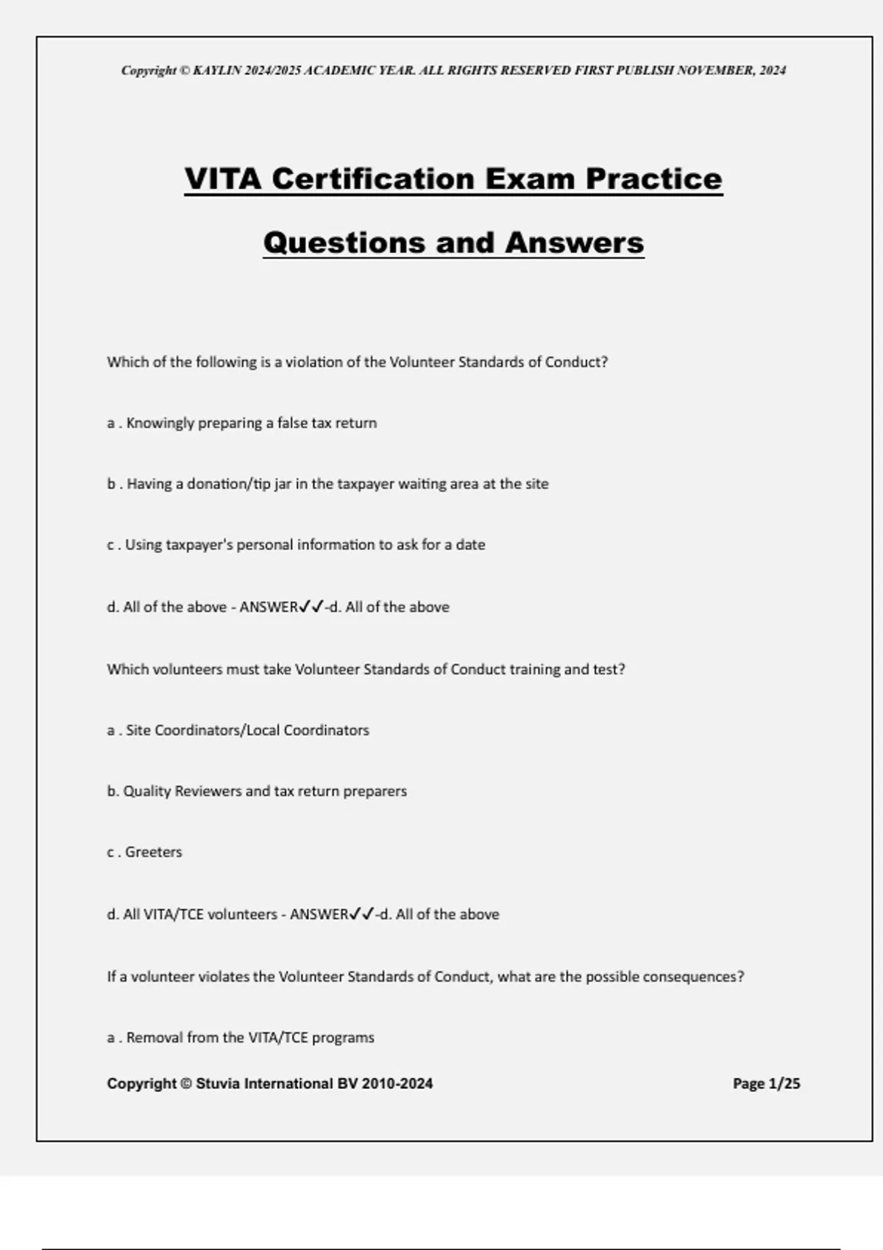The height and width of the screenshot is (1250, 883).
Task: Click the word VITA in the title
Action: tap(222, 179)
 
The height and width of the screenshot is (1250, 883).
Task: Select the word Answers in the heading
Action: tap(574, 243)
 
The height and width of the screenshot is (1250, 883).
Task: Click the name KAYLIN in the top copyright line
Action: tap(217, 71)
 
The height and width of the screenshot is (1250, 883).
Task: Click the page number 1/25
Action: tap(784, 1083)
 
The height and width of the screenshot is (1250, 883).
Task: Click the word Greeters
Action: tap(153, 852)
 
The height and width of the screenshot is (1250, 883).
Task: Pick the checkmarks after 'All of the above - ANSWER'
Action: tap(311, 607)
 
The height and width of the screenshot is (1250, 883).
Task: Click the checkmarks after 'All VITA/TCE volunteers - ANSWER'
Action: tap(361, 914)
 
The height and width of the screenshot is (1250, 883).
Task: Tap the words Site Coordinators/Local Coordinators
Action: tap(247, 730)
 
